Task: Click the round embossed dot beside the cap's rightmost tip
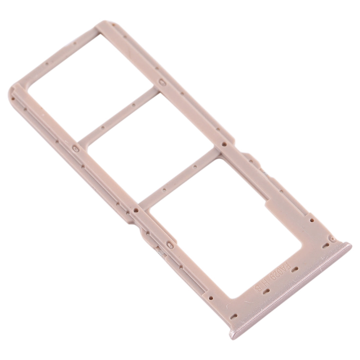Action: tap(333, 240)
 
